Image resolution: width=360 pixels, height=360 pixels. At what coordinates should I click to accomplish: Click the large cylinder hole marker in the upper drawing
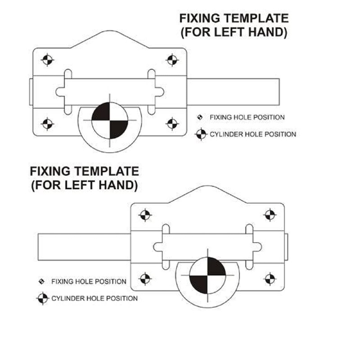pyautogui.click(x=110, y=120)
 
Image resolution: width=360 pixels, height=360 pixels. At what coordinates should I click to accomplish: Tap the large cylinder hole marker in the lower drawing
pyautogui.click(x=207, y=275)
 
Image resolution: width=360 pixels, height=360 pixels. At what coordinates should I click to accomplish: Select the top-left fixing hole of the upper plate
pyautogui.click(x=47, y=60)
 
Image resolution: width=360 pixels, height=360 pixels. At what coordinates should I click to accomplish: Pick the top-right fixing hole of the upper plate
pyautogui.click(x=172, y=60)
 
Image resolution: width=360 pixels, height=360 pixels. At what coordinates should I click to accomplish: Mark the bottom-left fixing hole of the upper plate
pyautogui.click(x=47, y=124)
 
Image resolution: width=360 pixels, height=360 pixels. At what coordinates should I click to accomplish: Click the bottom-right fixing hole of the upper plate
pyautogui.click(x=172, y=124)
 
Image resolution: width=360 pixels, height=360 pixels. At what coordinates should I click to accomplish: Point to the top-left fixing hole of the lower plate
pyautogui.click(x=145, y=215)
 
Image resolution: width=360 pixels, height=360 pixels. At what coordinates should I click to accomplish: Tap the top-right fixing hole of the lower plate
pyautogui.click(x=270, y=215)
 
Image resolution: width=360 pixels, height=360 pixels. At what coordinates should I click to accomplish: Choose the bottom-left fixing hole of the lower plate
pyautogui.click(x=145, y=279)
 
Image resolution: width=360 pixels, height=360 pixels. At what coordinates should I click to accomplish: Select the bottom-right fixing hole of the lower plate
pyautogui.click(x=270, y=279)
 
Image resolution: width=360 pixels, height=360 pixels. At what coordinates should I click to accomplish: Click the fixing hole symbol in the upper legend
pyautogui.click(x=200, y=117)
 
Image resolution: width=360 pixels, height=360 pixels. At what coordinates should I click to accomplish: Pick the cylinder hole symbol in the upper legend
pyautogui.click(x=201, y=134)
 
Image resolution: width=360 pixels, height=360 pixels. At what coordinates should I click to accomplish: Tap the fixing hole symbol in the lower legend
pyautogui.click(x=41, y=281)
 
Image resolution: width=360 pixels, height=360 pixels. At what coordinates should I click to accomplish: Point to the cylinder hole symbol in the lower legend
pyautogui.click(x=43, y=298)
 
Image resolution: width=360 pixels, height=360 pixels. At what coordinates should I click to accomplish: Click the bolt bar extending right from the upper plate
pyautogui.click(x=233, y=92)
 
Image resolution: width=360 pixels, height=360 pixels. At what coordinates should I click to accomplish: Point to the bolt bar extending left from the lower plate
pyautogui.click(x=84, y=247)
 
